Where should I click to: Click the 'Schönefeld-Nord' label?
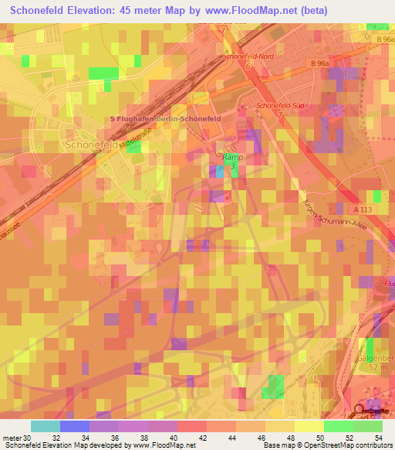[x=248, y=57]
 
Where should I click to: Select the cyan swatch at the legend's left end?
[x=45, y=426]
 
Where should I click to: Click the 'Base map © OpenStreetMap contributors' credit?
[x=327, y=445]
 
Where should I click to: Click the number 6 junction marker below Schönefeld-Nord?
[x=248, y=67]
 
